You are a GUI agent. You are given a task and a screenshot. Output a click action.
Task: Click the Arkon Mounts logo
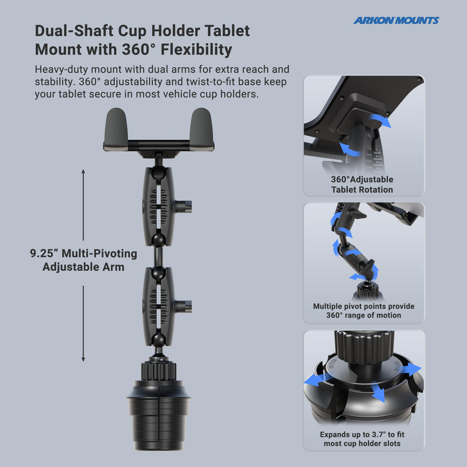click(396, 20)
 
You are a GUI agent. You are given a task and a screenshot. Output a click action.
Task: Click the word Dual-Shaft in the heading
click(69, 30)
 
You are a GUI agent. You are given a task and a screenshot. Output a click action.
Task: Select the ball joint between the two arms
click(158, 256)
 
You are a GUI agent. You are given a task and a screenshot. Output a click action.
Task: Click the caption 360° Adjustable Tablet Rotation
click(362, 184)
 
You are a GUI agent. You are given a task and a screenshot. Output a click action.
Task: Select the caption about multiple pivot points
click(363, 311)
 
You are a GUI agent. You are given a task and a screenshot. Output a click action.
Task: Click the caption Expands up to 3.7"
click(363, 440)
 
